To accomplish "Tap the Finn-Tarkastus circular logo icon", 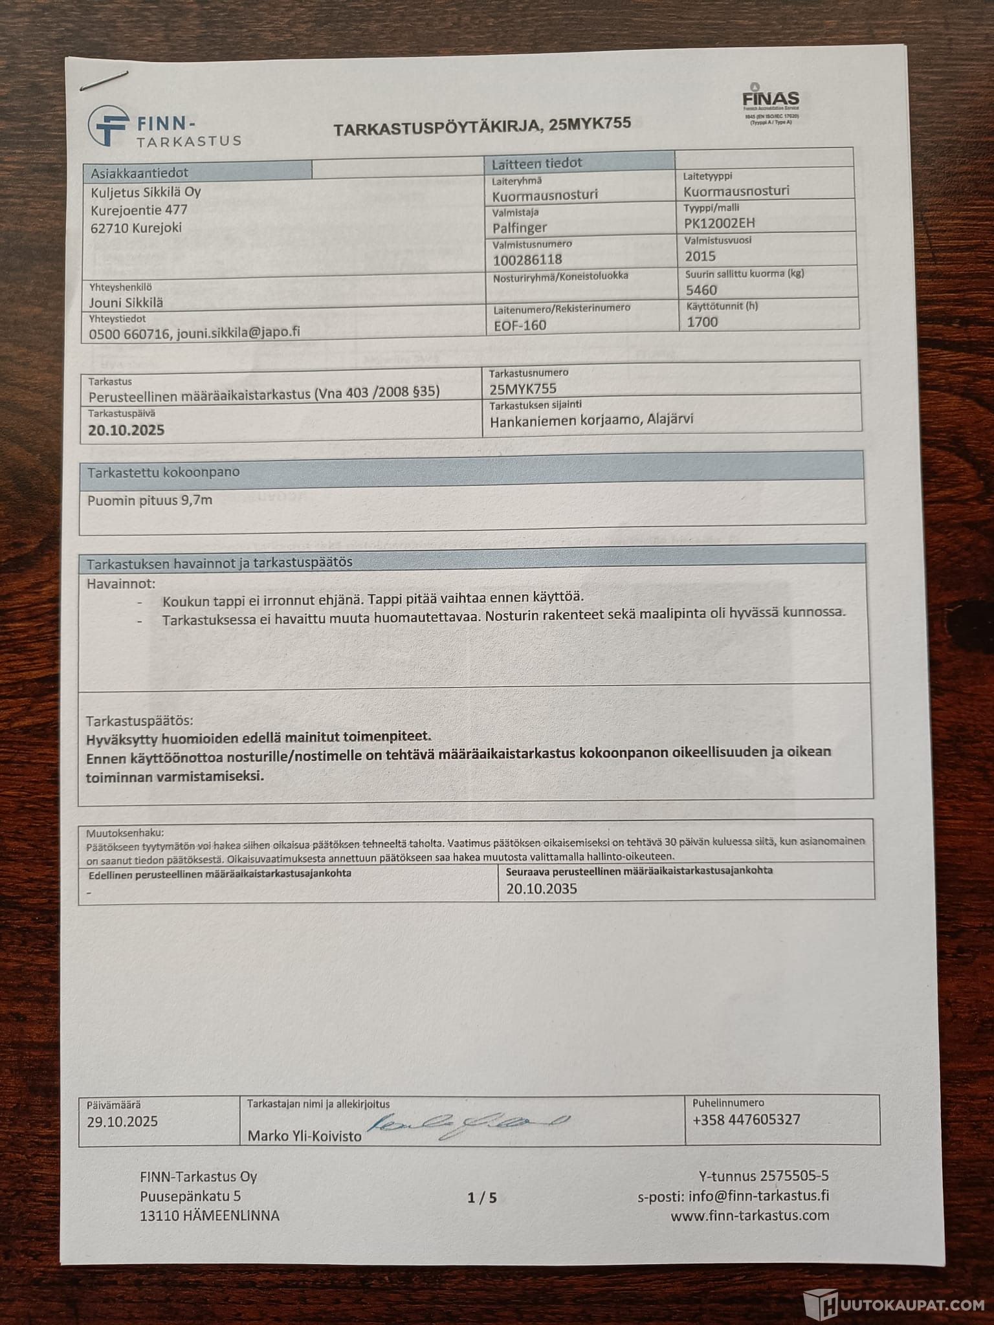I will [109, 126].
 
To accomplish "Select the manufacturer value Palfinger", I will [520, 228].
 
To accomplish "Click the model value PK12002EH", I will [719, 223].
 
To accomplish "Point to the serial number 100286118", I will [527, 259].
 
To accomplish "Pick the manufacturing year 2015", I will [700, 256].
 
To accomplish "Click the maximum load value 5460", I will [701, 290].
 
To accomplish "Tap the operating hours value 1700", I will [702, 322].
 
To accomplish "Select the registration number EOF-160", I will [520, 325].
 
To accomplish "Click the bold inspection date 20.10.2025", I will [126, 430].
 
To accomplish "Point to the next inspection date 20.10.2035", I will [542, 888].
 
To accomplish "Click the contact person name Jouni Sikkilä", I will [126, 303].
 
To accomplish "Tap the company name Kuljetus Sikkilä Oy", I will [146, 192].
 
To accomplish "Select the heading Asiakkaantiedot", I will [139, 173].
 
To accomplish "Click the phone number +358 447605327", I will [746, 1119].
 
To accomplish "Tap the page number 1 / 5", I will [482, 1198].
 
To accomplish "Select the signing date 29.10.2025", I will [122, 1121].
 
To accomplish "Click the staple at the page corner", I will [104, 80].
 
